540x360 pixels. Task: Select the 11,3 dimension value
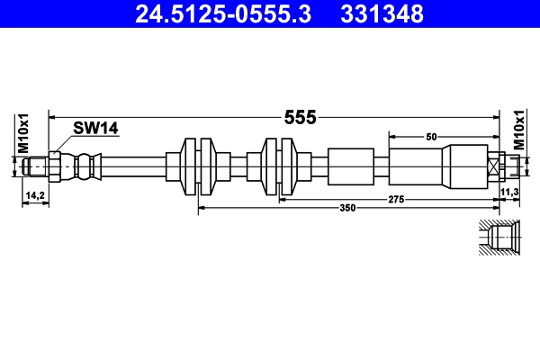pos(509,193)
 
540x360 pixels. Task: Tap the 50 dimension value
pos(431,136)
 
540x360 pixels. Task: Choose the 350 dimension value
pos(347,208)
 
